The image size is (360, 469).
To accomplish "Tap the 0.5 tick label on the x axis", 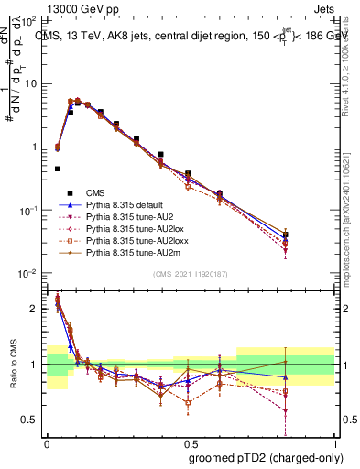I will coord(190,442).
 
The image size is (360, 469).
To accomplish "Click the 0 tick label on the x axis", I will coord(47,442).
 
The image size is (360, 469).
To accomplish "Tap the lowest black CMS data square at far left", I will coord(58,169).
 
